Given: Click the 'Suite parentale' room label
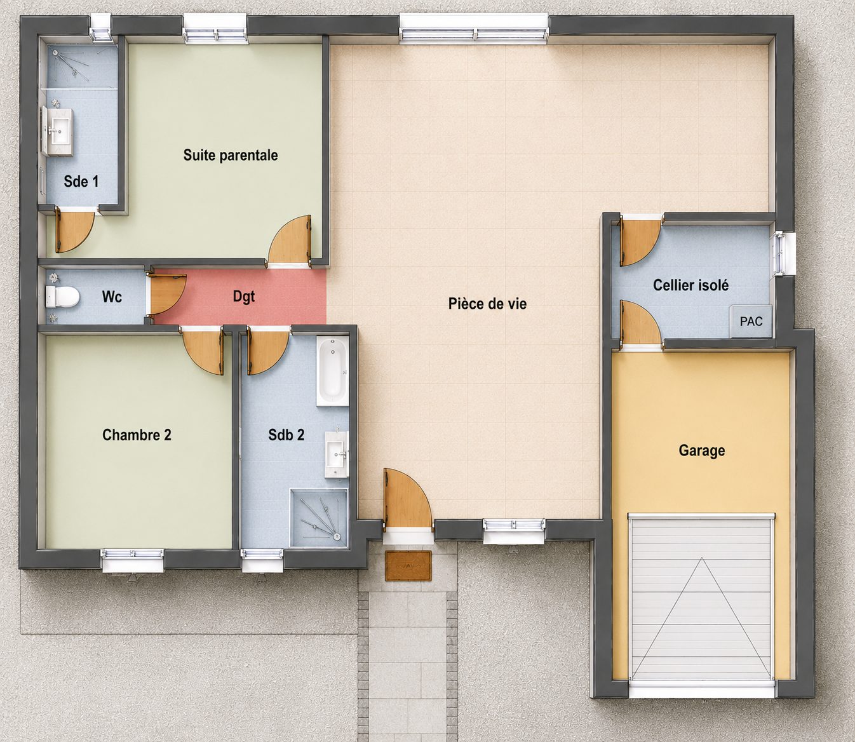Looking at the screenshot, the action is point(230,156).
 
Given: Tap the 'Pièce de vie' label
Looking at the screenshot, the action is point(487,304).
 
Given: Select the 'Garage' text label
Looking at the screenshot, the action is point(702,451).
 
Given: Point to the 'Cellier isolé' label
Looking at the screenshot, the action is point(690,285).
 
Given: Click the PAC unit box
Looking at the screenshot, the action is point(751,321).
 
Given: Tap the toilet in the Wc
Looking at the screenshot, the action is point(63,297).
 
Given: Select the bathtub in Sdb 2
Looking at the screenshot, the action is point(332,372).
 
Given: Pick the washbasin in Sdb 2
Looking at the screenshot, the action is point(337,454).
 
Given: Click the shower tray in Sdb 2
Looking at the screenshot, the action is point(320,518).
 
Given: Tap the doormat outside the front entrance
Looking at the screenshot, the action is point(408,565).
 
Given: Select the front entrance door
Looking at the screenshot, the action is point(407,498).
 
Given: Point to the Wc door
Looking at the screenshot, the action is point(166,293).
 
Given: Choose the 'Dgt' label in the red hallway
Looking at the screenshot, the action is point(244,297).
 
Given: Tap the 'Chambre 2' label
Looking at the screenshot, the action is point(137,435).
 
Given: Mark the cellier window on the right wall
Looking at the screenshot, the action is point(780,254).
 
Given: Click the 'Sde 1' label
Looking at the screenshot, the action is point(81,181).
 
